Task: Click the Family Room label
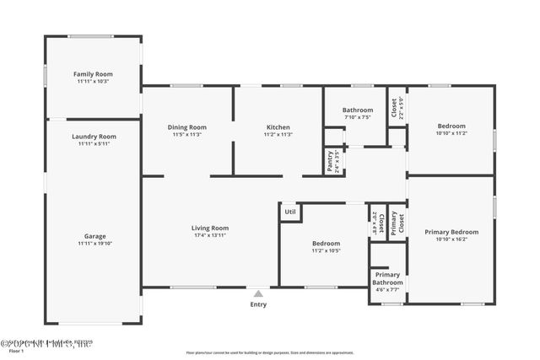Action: coord(94,74)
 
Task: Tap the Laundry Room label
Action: coord(94,137)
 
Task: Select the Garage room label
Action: coord(94,236)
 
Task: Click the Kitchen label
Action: coord(278,127)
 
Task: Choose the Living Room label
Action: coord(210,228)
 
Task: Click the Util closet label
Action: coord(290,212)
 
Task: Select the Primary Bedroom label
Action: coord(451,232)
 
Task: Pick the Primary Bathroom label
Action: coord(387,278)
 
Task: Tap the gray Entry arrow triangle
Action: coord(258,293)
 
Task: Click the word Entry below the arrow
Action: coord(258,304)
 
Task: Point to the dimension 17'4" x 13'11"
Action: coord(210,235)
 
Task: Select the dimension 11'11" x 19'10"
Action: coord(94,244)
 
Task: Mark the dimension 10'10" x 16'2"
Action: coord(451,239)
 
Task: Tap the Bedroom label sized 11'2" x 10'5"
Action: coord(326,243)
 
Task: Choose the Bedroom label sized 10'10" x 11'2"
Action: coord(451,126)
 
